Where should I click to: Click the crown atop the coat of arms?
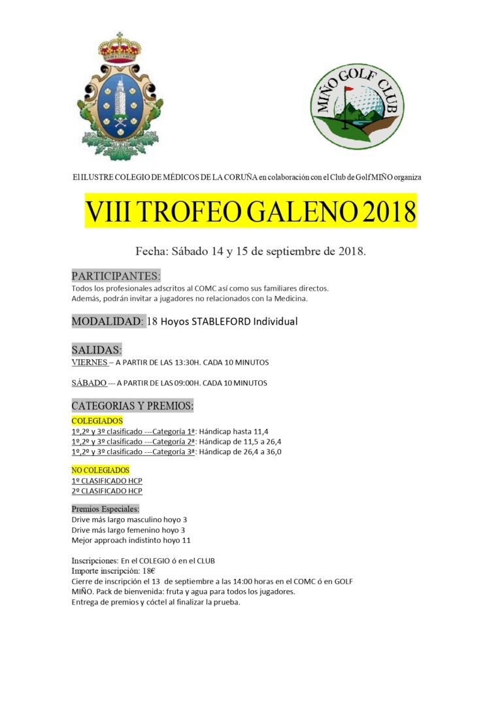coord(120,46)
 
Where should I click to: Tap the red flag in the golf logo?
coord(348,89)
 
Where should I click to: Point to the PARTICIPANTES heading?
coord(116,275)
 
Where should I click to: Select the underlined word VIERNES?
coord(89,362)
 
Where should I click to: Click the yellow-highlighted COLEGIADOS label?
coord(97,421)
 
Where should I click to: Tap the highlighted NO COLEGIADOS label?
coord(100,470)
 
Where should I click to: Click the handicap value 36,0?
coord(273,452)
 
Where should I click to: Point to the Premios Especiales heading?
coord(105,508)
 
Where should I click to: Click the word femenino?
coord(143,530)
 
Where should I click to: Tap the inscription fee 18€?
coord(149,570)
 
